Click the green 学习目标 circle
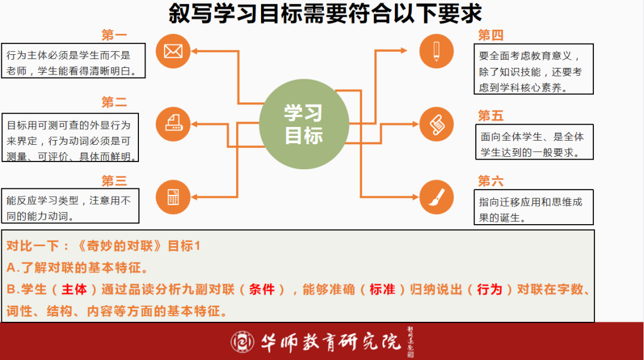tap(304, 124)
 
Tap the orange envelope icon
tap(173, 51)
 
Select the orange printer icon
tap(173, 124)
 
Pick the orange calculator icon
tap(173, 197)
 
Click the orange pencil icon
tap(436, 51)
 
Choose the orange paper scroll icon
tap(436, 124)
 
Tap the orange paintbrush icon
tap(436, 197)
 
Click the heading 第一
tap(114, 35)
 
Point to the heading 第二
tap(114, 102)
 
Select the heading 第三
tap(114, 181)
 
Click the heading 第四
tap(490, 35)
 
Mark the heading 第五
tap(490, 116)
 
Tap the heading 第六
tap(490, 181)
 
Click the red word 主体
tap(75, 290)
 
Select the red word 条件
tap(262, 290)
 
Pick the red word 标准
tap(382, 290)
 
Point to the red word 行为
tap(490, 290)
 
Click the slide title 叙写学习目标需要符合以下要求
tap(326, 14)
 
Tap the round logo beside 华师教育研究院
tap(242, 342)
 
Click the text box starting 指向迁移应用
tap(534, 207)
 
